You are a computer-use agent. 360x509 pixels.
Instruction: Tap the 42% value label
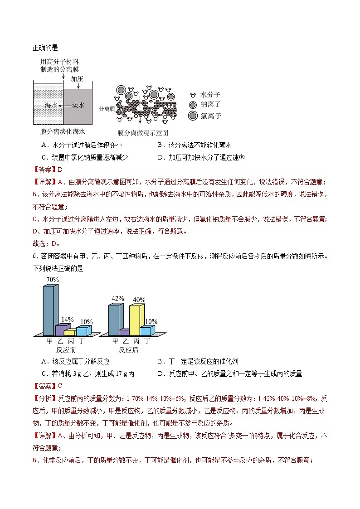(x=117, y=298)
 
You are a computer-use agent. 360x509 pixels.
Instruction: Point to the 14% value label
(x=67, y=319)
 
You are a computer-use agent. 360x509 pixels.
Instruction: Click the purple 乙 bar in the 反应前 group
(x=61, y=330)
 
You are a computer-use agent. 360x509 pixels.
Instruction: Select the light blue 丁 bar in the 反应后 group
(x=147, y=330)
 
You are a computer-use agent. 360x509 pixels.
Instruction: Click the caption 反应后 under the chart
(x=128, y=349)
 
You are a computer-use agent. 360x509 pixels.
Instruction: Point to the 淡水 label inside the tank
(x=78, y=105)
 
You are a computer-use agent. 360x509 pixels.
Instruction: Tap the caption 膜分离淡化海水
(x=63, y=131)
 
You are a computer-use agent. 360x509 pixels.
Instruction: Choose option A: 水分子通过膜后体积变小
(x=81, y=145)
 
